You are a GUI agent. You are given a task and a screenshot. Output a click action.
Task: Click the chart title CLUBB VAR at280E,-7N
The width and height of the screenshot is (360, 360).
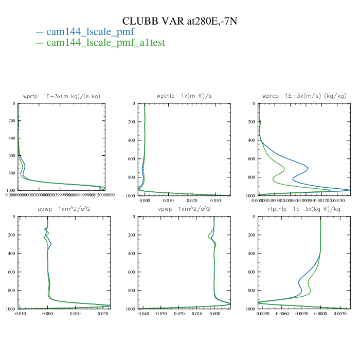click(179, 21)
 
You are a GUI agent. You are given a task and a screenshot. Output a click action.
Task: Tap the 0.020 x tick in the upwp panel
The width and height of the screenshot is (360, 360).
click(103, 313)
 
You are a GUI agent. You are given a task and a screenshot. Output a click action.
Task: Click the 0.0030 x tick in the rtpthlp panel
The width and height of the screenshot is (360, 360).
click(339, 313)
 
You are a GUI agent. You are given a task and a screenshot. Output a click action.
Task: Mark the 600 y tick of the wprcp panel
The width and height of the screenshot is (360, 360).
click(251, 159)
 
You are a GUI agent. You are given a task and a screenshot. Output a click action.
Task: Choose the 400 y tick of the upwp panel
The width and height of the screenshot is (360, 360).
click(11, 254)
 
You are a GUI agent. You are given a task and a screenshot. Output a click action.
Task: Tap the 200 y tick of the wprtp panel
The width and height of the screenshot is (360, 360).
click(11, 122)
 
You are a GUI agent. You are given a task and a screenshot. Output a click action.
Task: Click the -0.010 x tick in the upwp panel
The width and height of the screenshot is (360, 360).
click(20, 313)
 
